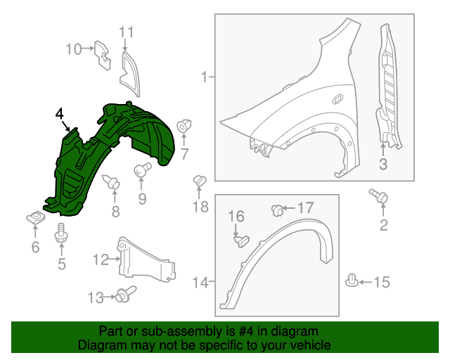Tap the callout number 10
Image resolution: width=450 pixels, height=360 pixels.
[x=74, y=49]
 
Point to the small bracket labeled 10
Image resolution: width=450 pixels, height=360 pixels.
[x=103, y=53]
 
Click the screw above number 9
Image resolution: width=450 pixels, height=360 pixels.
[x=143, y=169]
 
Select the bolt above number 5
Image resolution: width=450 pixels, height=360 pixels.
[x=61, y=233]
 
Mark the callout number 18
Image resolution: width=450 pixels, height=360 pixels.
[x=201, y=206]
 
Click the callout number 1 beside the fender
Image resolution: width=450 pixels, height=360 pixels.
[x=204, y=77]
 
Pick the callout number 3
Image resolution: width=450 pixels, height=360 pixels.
[x=383, y=165]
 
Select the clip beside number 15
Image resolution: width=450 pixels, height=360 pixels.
[x=352, y=281]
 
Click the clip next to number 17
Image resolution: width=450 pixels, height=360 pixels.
[x=278, y=209]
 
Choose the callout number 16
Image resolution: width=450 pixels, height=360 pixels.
[x=235, y=216]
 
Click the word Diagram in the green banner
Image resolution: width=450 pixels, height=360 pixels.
[x=99, y=345]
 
